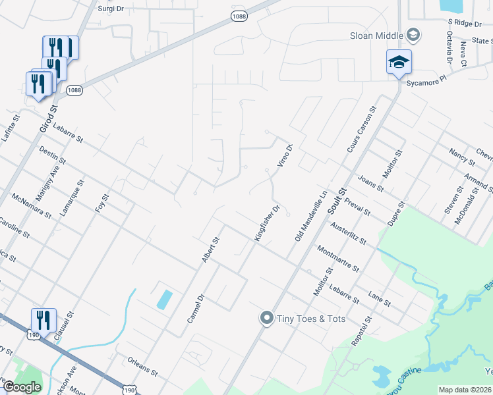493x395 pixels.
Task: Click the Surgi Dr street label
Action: point(110,9)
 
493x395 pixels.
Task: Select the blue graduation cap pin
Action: point(399,62)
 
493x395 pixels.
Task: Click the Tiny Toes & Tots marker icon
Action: point(266,319)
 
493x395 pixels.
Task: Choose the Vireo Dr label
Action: point(284,157)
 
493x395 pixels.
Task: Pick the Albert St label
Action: point(210,251)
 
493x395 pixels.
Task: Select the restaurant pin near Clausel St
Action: point(43,320)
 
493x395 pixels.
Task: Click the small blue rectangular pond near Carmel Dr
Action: point(162,300)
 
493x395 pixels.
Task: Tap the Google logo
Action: point(21,387)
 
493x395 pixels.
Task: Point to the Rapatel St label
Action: point(362,330)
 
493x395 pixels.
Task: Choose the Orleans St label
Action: point(143,367)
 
